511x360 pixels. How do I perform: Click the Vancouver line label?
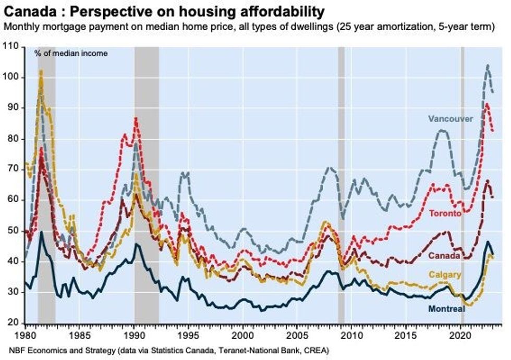(x=451, y=119)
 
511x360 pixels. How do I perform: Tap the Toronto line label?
(x=445, y=213)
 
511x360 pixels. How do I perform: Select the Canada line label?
(x=444, y=256)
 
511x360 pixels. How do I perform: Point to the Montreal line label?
(x=446, y=309)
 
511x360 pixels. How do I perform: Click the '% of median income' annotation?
(x=71, y=53)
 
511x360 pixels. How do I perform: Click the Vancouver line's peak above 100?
(x=488, y=65)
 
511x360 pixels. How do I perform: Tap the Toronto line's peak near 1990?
(x=136, y=118)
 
